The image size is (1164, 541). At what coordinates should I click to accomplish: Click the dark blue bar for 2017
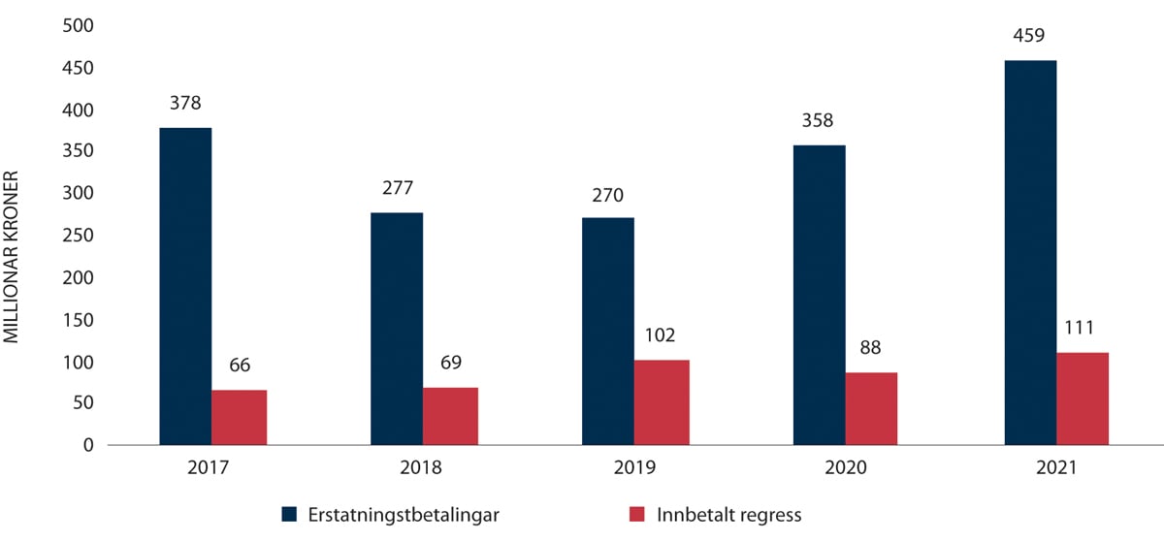point(185,286)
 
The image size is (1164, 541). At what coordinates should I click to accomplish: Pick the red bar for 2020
point(871,408)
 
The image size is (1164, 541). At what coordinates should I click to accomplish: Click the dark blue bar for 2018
point(397,329)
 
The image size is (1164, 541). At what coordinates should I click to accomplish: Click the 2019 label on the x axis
point(633,466)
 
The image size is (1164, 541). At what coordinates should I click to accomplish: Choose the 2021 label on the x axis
point(1056,466)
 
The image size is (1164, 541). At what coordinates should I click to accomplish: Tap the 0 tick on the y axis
point(86,445)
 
